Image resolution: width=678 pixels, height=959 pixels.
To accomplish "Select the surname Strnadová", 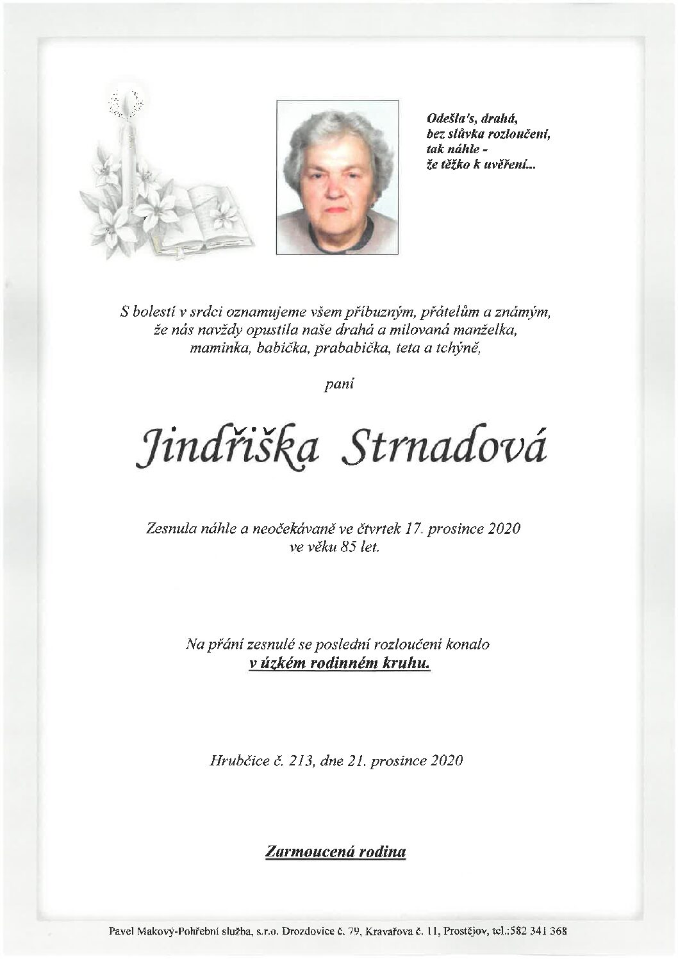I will coord(445,448).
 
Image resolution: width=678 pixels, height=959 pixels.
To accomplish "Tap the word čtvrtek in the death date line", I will coord(382,529).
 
